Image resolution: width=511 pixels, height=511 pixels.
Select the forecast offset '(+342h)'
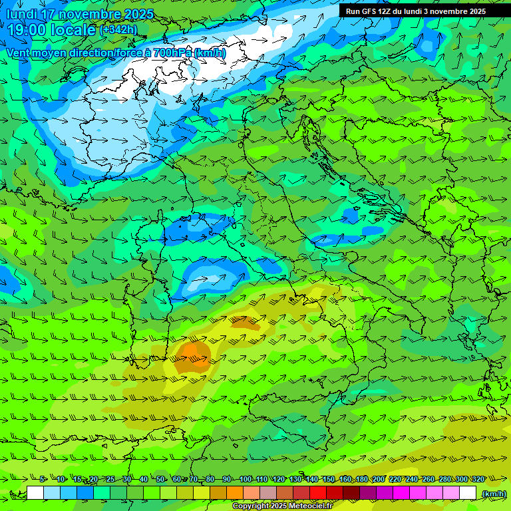point(118,30)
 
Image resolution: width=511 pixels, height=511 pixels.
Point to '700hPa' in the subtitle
point(172,53)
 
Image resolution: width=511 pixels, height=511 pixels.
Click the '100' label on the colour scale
point(245,479)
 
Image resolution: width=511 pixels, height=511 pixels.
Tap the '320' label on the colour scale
point(478,479)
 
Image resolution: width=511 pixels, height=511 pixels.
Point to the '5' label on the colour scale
point(43,479)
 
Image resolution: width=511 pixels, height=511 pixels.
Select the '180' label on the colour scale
point(361,479)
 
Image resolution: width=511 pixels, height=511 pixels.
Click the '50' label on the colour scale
point(161,479)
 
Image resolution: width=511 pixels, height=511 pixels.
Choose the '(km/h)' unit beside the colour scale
point(493,493)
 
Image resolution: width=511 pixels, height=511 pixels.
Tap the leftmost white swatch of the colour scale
point(35,493)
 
